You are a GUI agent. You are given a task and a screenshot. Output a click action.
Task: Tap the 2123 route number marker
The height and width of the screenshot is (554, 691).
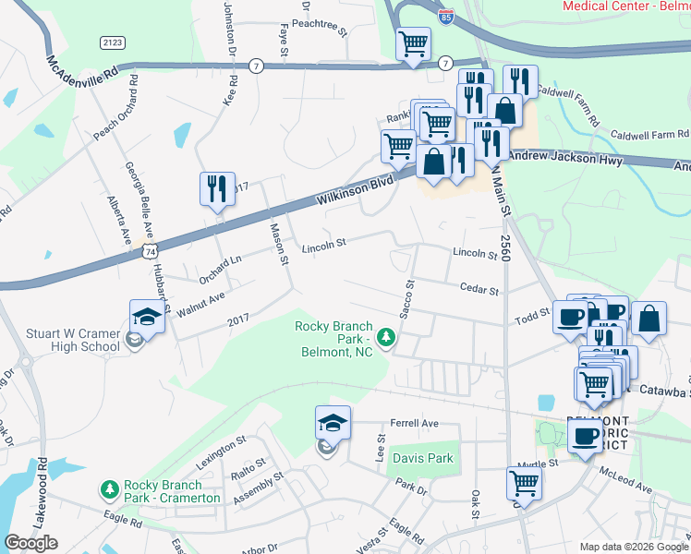(x=111, y=42)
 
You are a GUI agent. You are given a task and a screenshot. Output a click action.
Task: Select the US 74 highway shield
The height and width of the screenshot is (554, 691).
(x=150, y=250)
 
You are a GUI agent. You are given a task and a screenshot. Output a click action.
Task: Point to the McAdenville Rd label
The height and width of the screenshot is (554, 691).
(x=83, y=70)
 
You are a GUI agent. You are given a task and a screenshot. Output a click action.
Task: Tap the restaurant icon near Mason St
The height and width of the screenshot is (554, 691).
(x=217, y=189)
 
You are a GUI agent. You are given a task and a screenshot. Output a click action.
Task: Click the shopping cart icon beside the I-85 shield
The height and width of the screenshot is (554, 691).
(x=413, y=42)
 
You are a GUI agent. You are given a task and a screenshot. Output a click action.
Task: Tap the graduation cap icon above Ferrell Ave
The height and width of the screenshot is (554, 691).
(x=333, y=423)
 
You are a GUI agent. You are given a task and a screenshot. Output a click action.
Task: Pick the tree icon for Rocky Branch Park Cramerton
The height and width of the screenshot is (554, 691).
(x=109, y=488)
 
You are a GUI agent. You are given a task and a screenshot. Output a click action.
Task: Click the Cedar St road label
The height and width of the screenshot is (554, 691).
(x=479, y=290)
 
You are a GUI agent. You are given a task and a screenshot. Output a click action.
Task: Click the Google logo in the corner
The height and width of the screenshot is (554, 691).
(x=30, y=543)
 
